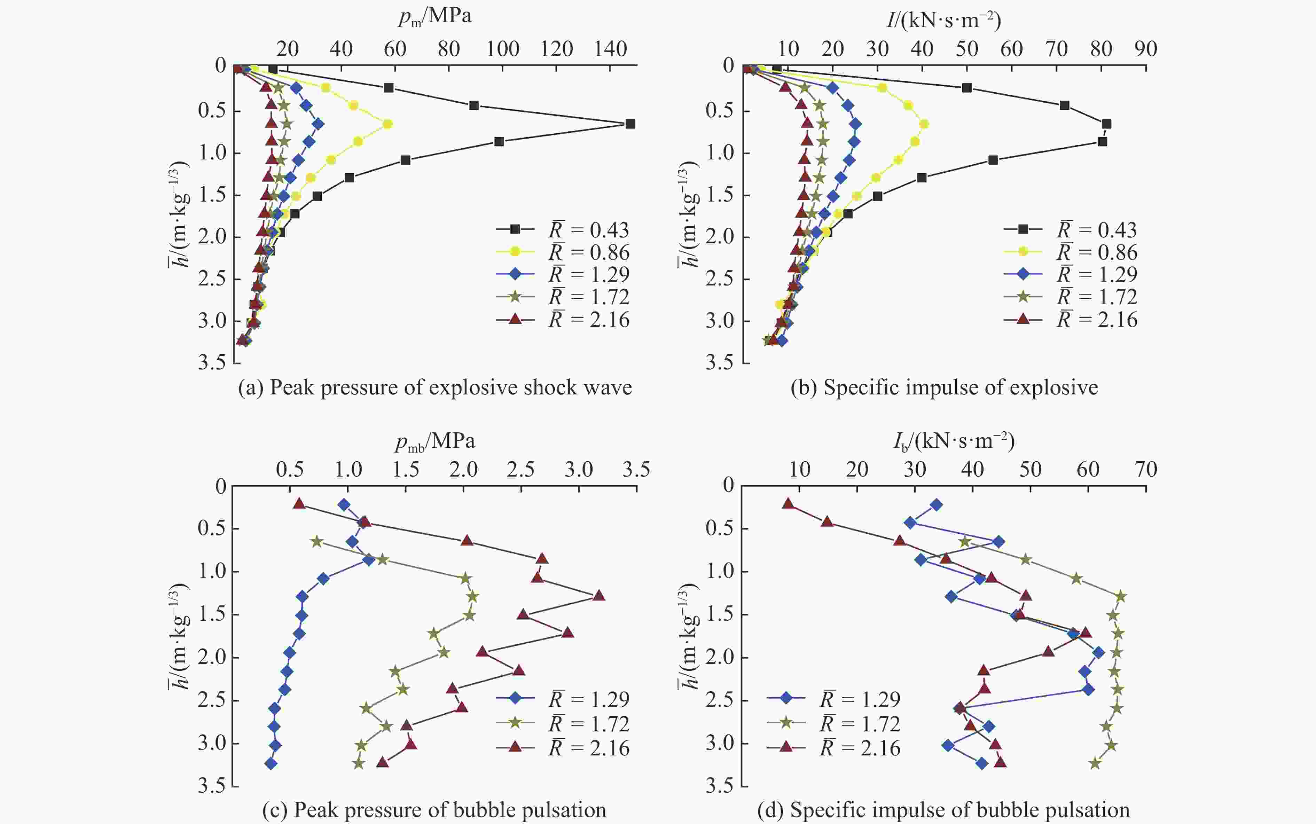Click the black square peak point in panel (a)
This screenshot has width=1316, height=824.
tap(630, 124)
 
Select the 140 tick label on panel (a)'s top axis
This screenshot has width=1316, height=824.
tap(610, 49)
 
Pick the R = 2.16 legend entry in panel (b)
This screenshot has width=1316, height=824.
tap(1071, 319)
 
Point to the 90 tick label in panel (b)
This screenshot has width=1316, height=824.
tap(1145, 49)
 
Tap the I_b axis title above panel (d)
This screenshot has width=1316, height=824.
tap(954, 440)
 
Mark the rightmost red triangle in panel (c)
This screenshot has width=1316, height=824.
tap(599, 596)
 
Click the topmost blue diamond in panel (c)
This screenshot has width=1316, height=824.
tap(344, 505)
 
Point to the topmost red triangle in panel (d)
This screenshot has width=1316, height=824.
tap(788, 503)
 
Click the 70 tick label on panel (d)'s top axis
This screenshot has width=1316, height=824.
tap(1145, 470)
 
